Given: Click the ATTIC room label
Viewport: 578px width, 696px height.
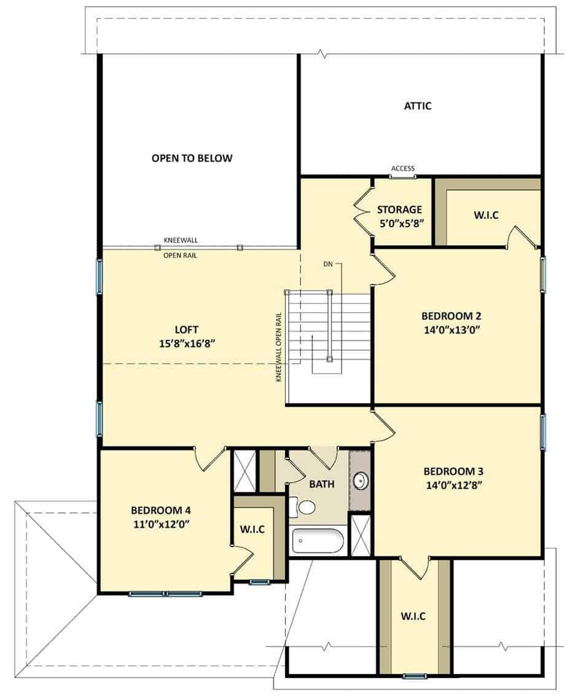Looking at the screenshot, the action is click(x=417, y=106).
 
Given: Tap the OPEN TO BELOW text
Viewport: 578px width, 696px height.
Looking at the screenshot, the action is click(x=192, y=158).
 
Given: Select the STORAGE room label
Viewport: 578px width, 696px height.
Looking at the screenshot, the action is click(x=399, y=209).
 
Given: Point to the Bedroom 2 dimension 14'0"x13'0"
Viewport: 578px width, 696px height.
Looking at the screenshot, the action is click(x=452, y=330).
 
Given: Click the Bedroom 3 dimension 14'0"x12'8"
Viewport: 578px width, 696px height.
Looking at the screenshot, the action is click(x=454, y=485).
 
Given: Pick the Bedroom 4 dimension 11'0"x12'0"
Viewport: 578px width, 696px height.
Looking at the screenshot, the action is click(x=162, y=524).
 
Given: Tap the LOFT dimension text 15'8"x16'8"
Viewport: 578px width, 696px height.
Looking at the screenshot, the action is click(x=187, y=343).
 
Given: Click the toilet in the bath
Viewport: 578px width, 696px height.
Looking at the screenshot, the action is click(x=302, y=507).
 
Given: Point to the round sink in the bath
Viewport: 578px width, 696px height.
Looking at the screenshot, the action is click(x=360, y=480).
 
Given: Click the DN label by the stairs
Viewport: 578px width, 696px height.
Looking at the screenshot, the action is click(x=327, y=264).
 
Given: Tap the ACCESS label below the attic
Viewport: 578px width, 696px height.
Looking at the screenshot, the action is click(x=403, y=168).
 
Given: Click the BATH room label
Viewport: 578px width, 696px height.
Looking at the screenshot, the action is click(x=322, y=484).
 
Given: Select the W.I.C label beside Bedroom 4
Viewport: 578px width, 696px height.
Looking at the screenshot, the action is click(x=252, y=529).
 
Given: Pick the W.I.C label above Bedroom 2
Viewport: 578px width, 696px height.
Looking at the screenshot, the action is click(x=486, y=215).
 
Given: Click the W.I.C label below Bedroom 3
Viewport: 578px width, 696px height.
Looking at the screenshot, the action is click(x=413, y=616).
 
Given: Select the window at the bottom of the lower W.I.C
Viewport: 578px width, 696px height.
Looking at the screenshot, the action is click(x=414, y=676).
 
